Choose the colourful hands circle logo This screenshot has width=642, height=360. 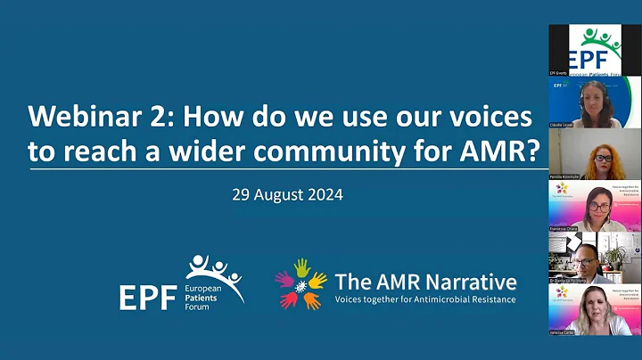pos(300,283)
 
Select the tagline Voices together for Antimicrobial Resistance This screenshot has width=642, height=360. pos(425,299)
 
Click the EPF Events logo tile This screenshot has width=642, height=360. pos(595,49)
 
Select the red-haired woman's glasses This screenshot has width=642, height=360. pos(604,158)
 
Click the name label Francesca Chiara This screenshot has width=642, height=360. pos(564,229)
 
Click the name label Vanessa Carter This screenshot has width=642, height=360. pos(563,331)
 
